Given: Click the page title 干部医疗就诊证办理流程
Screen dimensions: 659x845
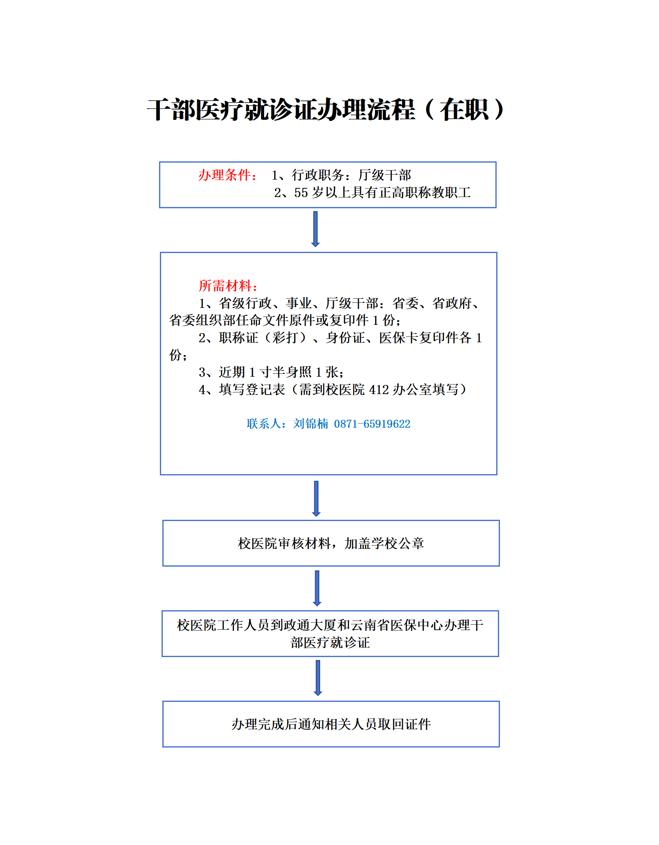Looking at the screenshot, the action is pyautogui.click(x=281, y=110).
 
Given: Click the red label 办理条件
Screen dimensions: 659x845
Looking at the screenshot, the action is pyautogui.click(x=224, y=175).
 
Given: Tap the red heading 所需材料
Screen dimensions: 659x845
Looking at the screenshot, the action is pyautogui.click(x=225, y=286).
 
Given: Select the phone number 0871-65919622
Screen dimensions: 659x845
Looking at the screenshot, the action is pyautogui.click(x=372, y=424).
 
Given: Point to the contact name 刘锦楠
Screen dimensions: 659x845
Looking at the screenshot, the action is pyautogui.click(x=311, y=424).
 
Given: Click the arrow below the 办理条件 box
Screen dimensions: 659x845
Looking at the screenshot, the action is pyautogui.click(x=316, y=229).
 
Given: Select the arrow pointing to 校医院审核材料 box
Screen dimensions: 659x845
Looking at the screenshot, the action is pyautogui.click(x=316, y=499).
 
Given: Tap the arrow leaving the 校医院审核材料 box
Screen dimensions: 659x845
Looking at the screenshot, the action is pyautogui.click(x=317, y=588).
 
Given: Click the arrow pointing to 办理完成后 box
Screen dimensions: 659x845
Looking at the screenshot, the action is pyautogui.click(x=318, y=678).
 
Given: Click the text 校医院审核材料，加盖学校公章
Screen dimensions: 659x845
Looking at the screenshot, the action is pyautogui.click(x=331, y=543).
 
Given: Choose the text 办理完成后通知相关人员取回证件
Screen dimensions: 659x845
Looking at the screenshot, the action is pyautogui.click(x=331, y=724).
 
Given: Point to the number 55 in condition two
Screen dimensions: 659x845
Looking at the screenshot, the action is pyautogui.click(x=301, y=192).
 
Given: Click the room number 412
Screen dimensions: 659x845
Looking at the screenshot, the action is pyautogui.click(x=379, y=390).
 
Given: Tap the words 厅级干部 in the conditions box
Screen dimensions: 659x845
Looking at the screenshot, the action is pyautogui.click(x=385, y=175).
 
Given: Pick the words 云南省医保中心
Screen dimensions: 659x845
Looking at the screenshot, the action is pyautogui.click(x=397, y=625).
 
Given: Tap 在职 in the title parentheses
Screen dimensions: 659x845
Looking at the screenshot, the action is pyautogui.click(x=464, y=110).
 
